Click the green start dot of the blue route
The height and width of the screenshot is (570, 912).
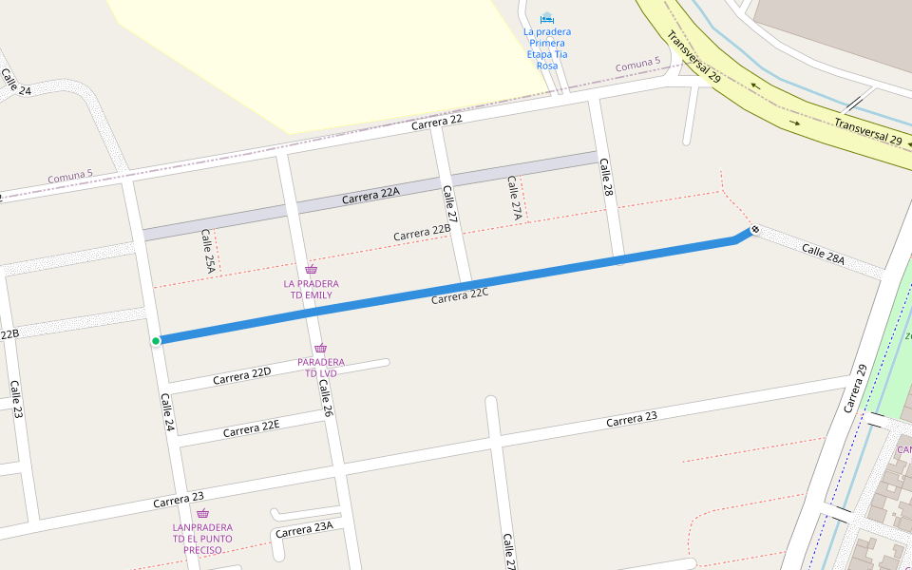(156, 340)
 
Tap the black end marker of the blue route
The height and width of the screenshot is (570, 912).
(754, 229)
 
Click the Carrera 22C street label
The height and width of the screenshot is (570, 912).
(459, 296)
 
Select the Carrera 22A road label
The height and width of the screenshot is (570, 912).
(370, 195)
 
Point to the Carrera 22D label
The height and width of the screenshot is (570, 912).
(241, 376)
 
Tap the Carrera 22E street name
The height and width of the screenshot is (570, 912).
(251, 429)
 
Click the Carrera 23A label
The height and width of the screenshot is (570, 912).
(304, 530)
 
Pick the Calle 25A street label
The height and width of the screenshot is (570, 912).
(208, 252)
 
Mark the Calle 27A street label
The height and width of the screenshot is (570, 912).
(514, 199)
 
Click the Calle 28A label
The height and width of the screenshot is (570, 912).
(823, 254)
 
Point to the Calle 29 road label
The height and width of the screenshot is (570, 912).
(855, 389)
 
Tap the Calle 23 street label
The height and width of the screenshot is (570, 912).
(16, 399)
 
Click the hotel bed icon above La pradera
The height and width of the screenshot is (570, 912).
(546, 18)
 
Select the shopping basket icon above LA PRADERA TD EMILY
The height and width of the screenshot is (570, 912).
(311, 270)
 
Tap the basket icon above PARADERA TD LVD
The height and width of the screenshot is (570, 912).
(320, 349)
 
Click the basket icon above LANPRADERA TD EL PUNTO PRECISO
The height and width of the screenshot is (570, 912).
(202, 513)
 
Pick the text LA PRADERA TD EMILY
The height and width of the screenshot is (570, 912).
(311, 290)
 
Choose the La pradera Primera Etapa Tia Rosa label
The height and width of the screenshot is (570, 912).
(546, 48)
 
